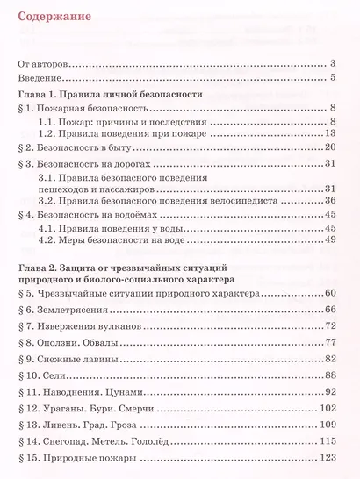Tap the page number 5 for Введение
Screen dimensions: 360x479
[x=335, y=79]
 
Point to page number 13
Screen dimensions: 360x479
[x=331, y=133]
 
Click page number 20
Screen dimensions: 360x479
[x=331, y=148]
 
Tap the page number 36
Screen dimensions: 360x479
[x=331, y=200]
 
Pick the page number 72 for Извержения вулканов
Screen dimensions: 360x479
[x=331, y=325]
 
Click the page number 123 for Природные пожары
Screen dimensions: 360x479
[x=328, y=459]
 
